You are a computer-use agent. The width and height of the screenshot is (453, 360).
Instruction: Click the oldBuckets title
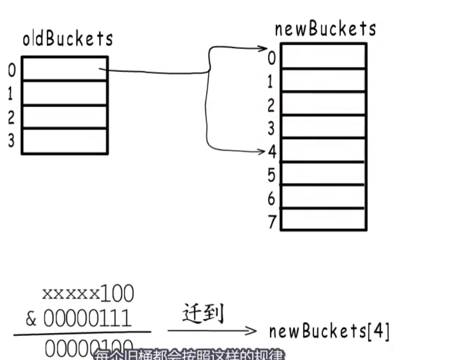pyautogui.click(x=68, y=39)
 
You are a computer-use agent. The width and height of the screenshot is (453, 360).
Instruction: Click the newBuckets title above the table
pyautogui.click(x=325, y=29)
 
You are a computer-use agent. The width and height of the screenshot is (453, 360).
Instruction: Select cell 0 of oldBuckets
pyautogui.click(x=65, y=69)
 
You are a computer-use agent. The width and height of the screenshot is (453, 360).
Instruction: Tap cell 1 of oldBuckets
pyautogui.click(x=65, y=93)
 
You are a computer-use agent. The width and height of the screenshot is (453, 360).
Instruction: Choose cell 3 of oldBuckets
pyautogui.click(x=65, y=141)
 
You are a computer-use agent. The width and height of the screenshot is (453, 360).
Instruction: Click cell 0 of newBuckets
pyautogui.click(x=323, y=56)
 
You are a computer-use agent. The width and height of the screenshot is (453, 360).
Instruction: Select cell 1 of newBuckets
pyautogui.click(x=323, y=80)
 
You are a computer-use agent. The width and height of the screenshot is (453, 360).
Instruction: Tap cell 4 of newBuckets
pyautogui.click(x=323, y=150)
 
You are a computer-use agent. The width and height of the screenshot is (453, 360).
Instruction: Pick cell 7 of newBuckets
pyautogui.click(x=323, y=219)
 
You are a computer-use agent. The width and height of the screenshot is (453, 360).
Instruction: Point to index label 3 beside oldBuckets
pyautogui.click(x=11, y=141)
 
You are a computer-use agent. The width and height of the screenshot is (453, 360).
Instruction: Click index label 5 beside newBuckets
pyautogui.click(x=272, y=176)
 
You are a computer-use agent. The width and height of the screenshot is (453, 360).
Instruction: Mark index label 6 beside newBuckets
pyautogui.click(x=272, y=199)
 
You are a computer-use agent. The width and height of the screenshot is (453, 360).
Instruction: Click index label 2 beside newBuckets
pyautogui.click(x=271, y=105)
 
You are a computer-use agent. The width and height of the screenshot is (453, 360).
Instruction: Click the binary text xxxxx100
pyautogui.click(x=88, y=293)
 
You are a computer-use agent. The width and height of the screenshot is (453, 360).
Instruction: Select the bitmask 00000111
pyautogui.click(x=79, y=319)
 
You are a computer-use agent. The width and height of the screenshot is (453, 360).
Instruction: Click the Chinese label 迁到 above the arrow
pyautogui.click(x=204, y=314)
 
